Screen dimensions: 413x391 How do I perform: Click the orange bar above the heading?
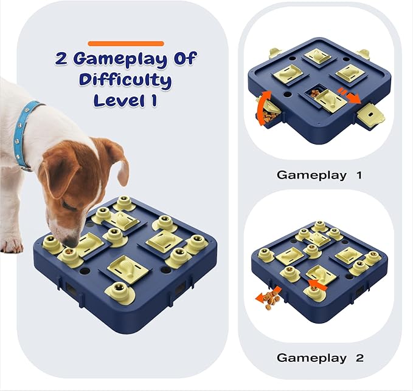click(126, 44)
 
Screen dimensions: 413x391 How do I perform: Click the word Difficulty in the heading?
click(125, 80)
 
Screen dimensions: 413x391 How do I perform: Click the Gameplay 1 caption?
click(319, 175)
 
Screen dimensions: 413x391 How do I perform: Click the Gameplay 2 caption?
click(320, 358)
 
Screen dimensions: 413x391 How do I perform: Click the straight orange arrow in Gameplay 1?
click(350, 95)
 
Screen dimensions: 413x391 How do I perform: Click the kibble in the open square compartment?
click(314, 93)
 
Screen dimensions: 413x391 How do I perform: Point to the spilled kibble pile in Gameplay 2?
click(271, 300)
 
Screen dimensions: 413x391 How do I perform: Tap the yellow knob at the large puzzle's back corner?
click(124, 203)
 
